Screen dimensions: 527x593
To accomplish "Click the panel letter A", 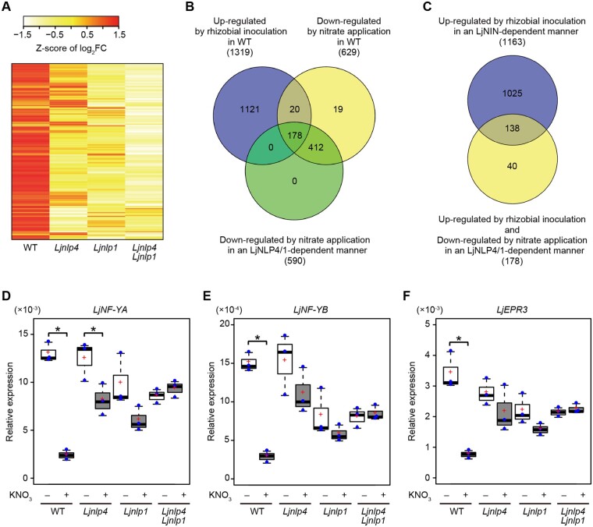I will coord(9,7).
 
